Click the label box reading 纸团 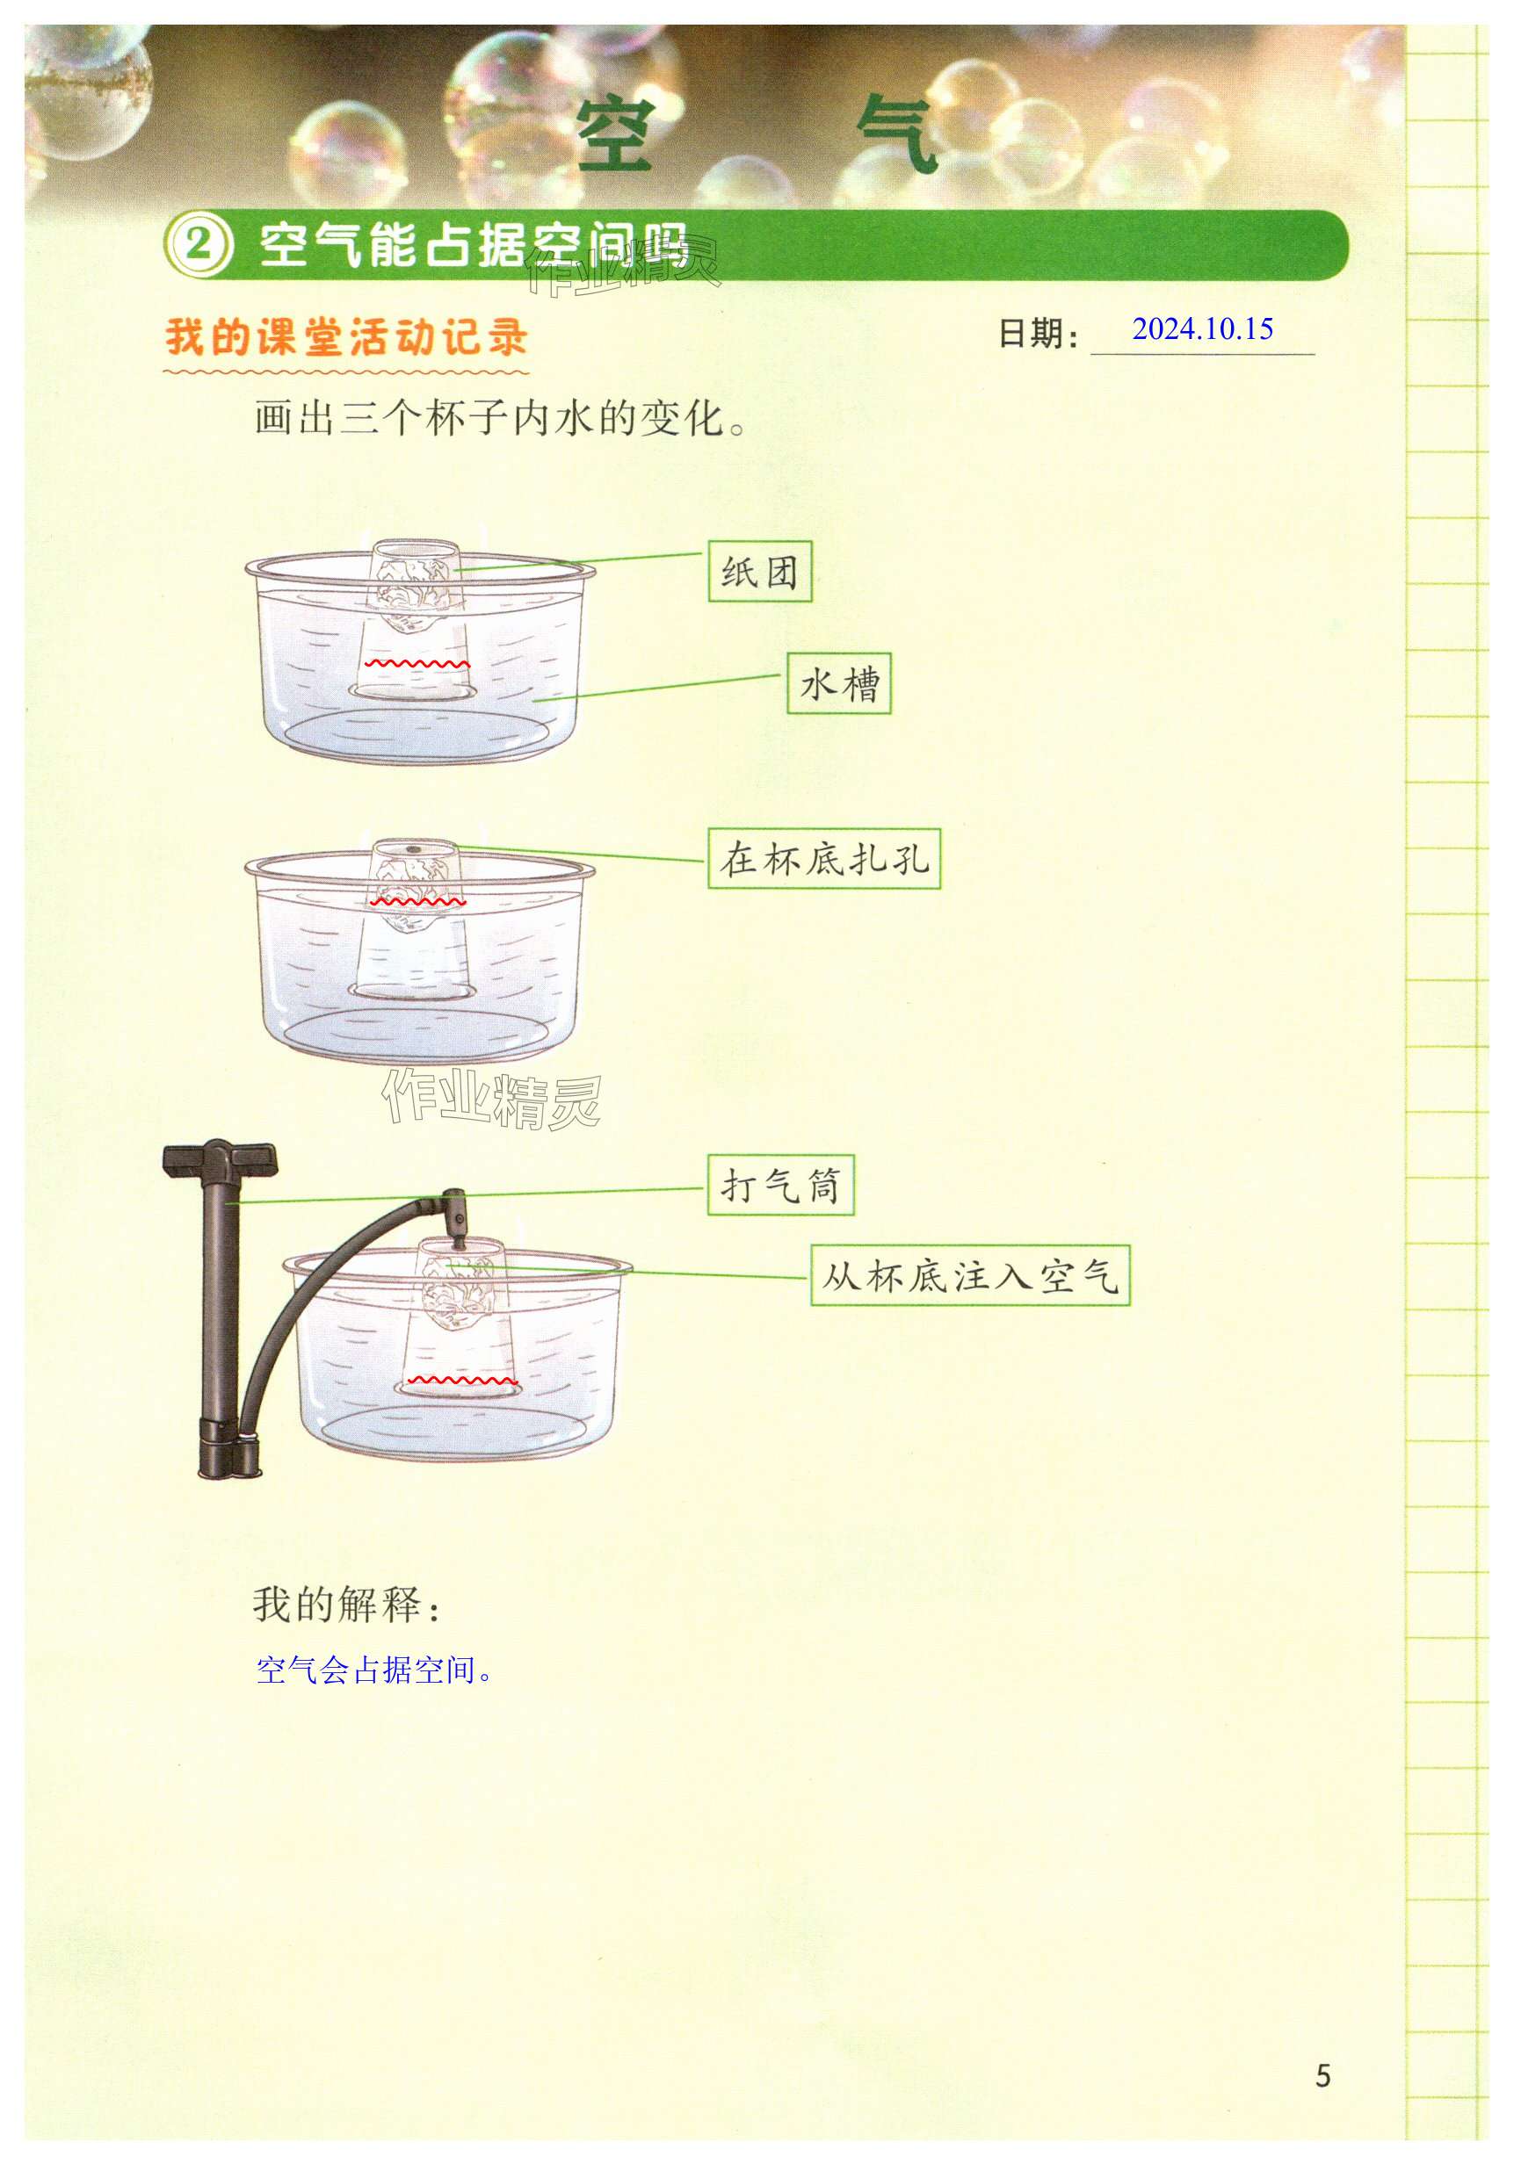[x=759, y=571]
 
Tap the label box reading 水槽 [x=838, y=683]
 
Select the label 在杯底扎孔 [x=824, y=859]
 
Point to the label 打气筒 [x=779, y=1185]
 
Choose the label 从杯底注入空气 [x=969, y=1276]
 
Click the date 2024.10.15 [x=1202, y=329]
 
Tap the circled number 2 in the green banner [x=198, y=245]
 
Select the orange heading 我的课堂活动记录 [x=346, y=337]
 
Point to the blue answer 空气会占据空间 [x=373, y=1670]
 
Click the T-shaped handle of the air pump [x=220, y=1159]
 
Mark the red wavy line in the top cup [x=417, y=665]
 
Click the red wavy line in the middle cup [x=417, y=902]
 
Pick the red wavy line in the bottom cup [x=461, y=1381]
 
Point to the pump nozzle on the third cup [x=456, y=1212]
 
